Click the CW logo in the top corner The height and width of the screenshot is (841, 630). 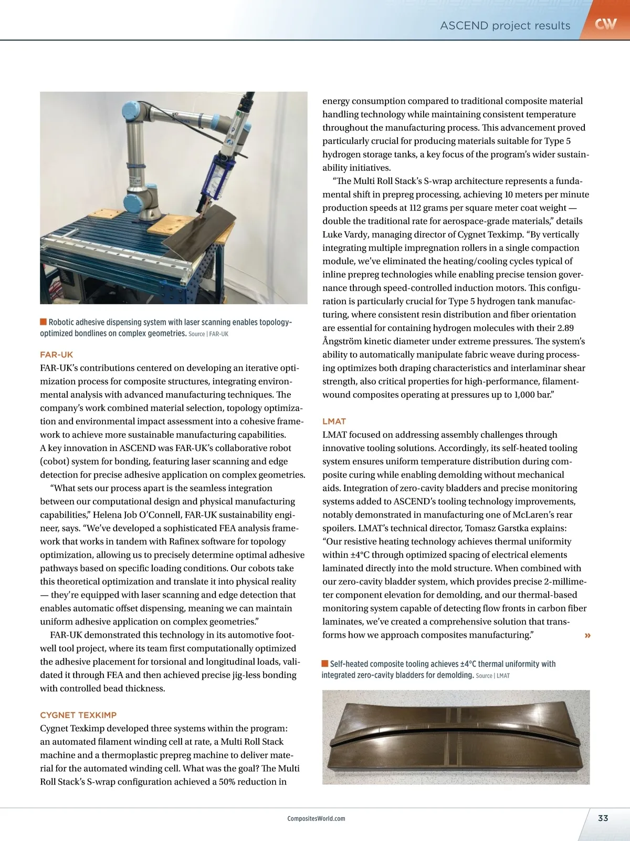(605, 24)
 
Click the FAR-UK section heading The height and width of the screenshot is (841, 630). (57, 355)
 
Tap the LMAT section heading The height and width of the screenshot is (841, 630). (334, 422)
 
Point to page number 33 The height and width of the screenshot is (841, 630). (603, 818)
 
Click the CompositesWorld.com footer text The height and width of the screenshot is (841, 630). (317, 818)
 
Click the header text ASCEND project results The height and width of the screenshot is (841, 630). (505, 26)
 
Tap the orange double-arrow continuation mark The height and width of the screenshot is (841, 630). (587, 635)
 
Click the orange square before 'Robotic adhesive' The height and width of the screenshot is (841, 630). (44, 322)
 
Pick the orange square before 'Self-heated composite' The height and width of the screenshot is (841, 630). (325, 663)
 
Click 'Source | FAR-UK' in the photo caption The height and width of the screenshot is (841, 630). (208, 334)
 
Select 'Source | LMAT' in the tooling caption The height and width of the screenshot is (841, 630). (492, 675)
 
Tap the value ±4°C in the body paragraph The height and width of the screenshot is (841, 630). (363, 555)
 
